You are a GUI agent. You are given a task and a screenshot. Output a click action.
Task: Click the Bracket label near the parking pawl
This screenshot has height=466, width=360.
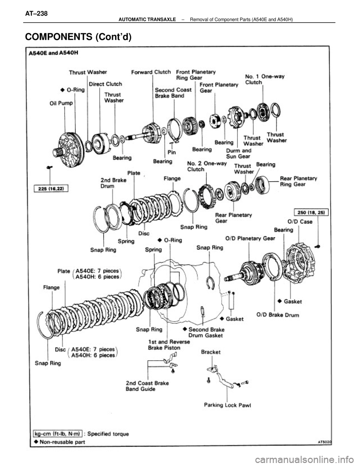click(x=211, y=352)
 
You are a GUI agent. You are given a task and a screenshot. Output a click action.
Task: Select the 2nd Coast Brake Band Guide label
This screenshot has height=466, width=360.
click(x=147, y=386)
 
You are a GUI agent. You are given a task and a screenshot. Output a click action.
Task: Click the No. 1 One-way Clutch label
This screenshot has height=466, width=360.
click(x=265, y=79)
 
